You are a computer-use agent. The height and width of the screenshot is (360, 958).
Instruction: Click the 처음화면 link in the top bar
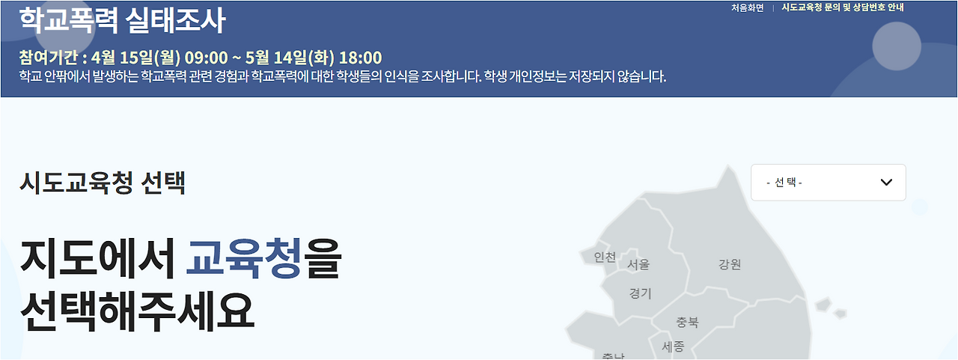[747, 7]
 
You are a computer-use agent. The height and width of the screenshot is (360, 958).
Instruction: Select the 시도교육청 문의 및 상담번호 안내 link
[843, 7]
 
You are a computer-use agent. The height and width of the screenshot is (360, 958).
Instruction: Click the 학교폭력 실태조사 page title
[122, 21]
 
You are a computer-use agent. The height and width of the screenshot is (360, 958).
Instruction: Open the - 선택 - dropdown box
[828, 183]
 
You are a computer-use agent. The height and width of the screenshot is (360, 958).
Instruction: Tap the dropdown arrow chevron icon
[887, 183]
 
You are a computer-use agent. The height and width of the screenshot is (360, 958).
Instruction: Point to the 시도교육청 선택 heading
[103, 182]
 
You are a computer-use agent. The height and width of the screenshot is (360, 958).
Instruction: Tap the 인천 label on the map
[605, 257]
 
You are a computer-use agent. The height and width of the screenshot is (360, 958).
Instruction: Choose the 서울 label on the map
[638, 264]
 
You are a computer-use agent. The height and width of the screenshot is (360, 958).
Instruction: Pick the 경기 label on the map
[641, 293]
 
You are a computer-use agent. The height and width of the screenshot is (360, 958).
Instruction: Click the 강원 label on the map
[729, 264]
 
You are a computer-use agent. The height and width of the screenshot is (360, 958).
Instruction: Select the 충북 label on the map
[687, 323]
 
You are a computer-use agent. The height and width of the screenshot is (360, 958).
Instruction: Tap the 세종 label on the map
[673, 347]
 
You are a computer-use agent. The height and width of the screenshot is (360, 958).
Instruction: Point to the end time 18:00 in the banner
[360, 58]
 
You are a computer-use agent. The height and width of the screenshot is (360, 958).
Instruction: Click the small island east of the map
[824, 305]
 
